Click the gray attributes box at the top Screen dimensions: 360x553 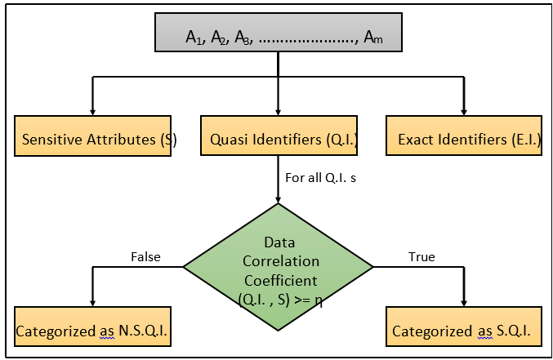click(x=279, y=37)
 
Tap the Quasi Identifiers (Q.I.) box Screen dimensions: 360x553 click(x=279, y=139)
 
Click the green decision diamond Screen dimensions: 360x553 click(x=279, y=266)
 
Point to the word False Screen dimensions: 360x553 click(x=145, y=257)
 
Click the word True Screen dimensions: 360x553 click(x=421, y=257)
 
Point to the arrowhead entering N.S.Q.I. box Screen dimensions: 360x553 click(x=92, y=301)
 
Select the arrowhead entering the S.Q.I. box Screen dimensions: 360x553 click(x=464, y=301)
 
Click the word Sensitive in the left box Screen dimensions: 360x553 click(x=52, y=140)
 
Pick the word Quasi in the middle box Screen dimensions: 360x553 click(x=230, y=140)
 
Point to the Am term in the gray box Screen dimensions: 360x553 click(x=372, y=38)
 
